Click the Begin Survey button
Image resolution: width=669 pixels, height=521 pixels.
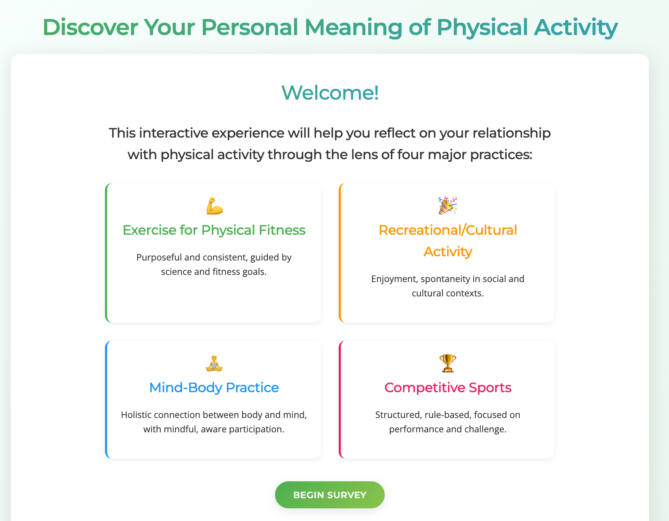(329, 495)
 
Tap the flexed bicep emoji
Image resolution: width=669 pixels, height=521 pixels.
(214, 206)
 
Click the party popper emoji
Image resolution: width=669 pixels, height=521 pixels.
(448, 206)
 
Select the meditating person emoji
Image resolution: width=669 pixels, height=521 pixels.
(214, 363)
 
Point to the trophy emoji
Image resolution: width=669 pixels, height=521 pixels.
(448, 363)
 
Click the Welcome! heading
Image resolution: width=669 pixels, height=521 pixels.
(330, 92)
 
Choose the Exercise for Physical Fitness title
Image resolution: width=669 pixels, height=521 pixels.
(214, 230)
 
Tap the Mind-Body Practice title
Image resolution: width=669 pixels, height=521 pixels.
(214, 388)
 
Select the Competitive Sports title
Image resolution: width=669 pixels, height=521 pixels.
(448, 388)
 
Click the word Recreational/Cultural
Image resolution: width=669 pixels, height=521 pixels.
(448, 230)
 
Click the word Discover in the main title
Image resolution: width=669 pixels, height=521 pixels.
(90, 27)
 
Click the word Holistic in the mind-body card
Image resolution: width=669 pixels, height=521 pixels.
(136, 415)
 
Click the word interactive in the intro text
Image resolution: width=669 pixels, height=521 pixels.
(173, 133)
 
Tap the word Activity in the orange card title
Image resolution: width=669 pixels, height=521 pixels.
(448, 252)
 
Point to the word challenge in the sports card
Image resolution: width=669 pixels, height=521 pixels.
(485, 429)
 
